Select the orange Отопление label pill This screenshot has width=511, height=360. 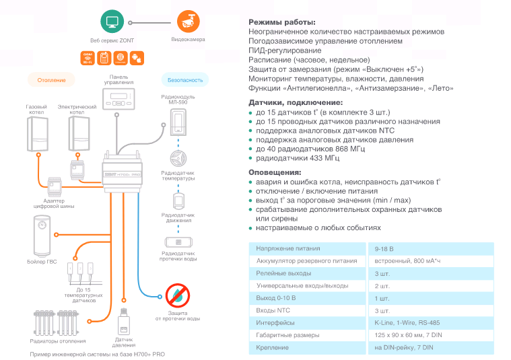tap(50, 80)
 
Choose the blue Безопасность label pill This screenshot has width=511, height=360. tap(185, 80)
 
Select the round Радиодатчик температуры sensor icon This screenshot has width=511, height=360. tap(178, 159)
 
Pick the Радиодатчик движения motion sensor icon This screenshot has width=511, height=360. tap(178, 200)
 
